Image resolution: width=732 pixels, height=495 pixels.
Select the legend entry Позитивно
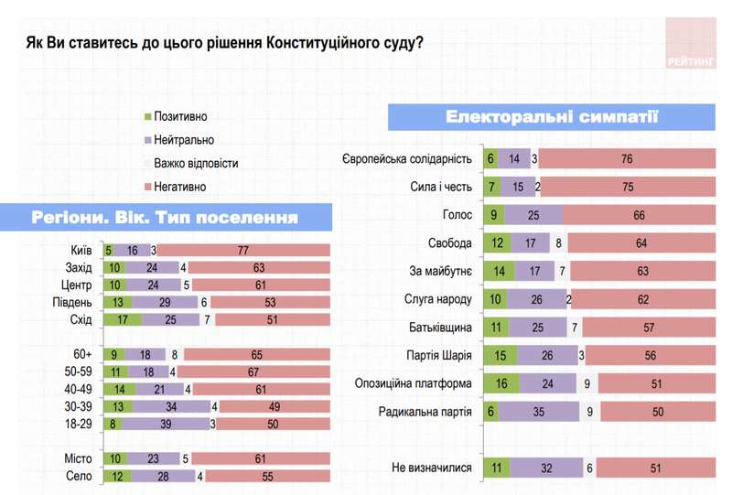[x=179, y=117]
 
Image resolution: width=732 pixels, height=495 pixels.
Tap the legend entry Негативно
[x=179, y=187]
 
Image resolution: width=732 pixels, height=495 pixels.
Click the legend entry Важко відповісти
[x=195, y=164]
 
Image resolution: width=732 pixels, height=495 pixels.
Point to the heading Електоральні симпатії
[x=552, y=117]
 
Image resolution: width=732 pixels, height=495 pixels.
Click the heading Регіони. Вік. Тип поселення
[x=165, y=219]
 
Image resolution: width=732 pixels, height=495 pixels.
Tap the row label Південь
[x=72, y=301]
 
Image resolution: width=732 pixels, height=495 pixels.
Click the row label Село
[x=77, y=476]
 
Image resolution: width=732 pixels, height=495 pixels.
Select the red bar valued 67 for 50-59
[x=253, y=373]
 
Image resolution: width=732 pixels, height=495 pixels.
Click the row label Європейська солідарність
[x=406, y=159]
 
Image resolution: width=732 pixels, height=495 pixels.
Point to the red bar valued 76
[x=627, y=159]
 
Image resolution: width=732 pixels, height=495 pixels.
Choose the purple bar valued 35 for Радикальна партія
[x=541, y=412]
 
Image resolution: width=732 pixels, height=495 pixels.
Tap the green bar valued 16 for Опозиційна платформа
[x=501, y=384]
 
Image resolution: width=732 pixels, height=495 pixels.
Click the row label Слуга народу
[x=437, y=299]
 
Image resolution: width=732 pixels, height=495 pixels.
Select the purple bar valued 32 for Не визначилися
[x=546, y=468]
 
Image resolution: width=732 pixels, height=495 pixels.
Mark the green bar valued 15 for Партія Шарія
[x=500, y=356]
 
